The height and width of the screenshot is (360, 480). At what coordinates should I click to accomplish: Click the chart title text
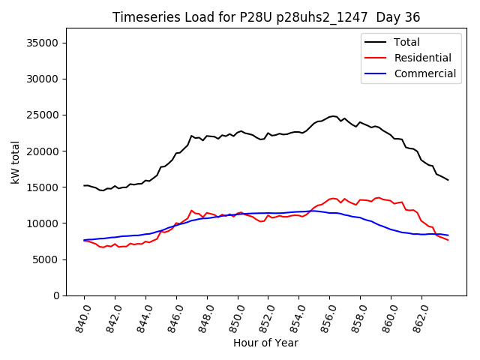pos(266,17)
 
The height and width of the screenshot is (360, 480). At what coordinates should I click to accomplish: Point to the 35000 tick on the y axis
pos(43,43)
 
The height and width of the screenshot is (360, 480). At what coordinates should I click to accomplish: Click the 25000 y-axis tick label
pos(43,115)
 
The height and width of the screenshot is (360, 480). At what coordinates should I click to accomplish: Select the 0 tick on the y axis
pos(56,295)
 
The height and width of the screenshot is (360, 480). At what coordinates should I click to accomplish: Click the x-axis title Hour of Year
pos(265,343)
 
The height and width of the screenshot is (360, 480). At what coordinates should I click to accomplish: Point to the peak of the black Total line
pos(333,116)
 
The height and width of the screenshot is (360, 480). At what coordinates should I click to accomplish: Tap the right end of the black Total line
pos(448,180)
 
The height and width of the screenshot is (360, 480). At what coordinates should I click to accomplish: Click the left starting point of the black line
pos(84,185)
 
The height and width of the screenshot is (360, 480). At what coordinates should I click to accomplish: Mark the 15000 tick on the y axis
pos(43,187)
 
